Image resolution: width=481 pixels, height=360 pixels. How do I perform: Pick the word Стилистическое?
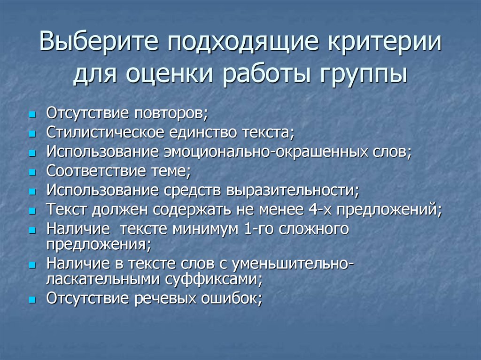(x=102, y=133)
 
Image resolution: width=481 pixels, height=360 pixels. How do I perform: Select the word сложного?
(x=314, y=229)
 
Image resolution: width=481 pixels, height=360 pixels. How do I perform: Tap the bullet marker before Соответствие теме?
(x=32, y=172)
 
